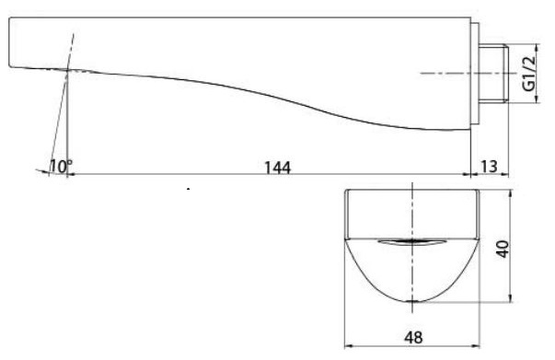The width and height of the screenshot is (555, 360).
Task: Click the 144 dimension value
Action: (278, 168)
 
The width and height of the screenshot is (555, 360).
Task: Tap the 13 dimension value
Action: (490, 167)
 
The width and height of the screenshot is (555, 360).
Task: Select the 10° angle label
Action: (61, 167)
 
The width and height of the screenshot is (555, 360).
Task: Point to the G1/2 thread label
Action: (529, 74)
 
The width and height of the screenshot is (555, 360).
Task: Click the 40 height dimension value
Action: (503, 249)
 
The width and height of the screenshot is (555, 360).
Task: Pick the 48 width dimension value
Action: (413, 337)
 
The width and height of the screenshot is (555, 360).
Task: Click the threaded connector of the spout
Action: (493, 74)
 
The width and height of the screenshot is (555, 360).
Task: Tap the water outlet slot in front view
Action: (411, 242)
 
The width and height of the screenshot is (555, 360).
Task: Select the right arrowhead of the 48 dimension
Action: (475, 346)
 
